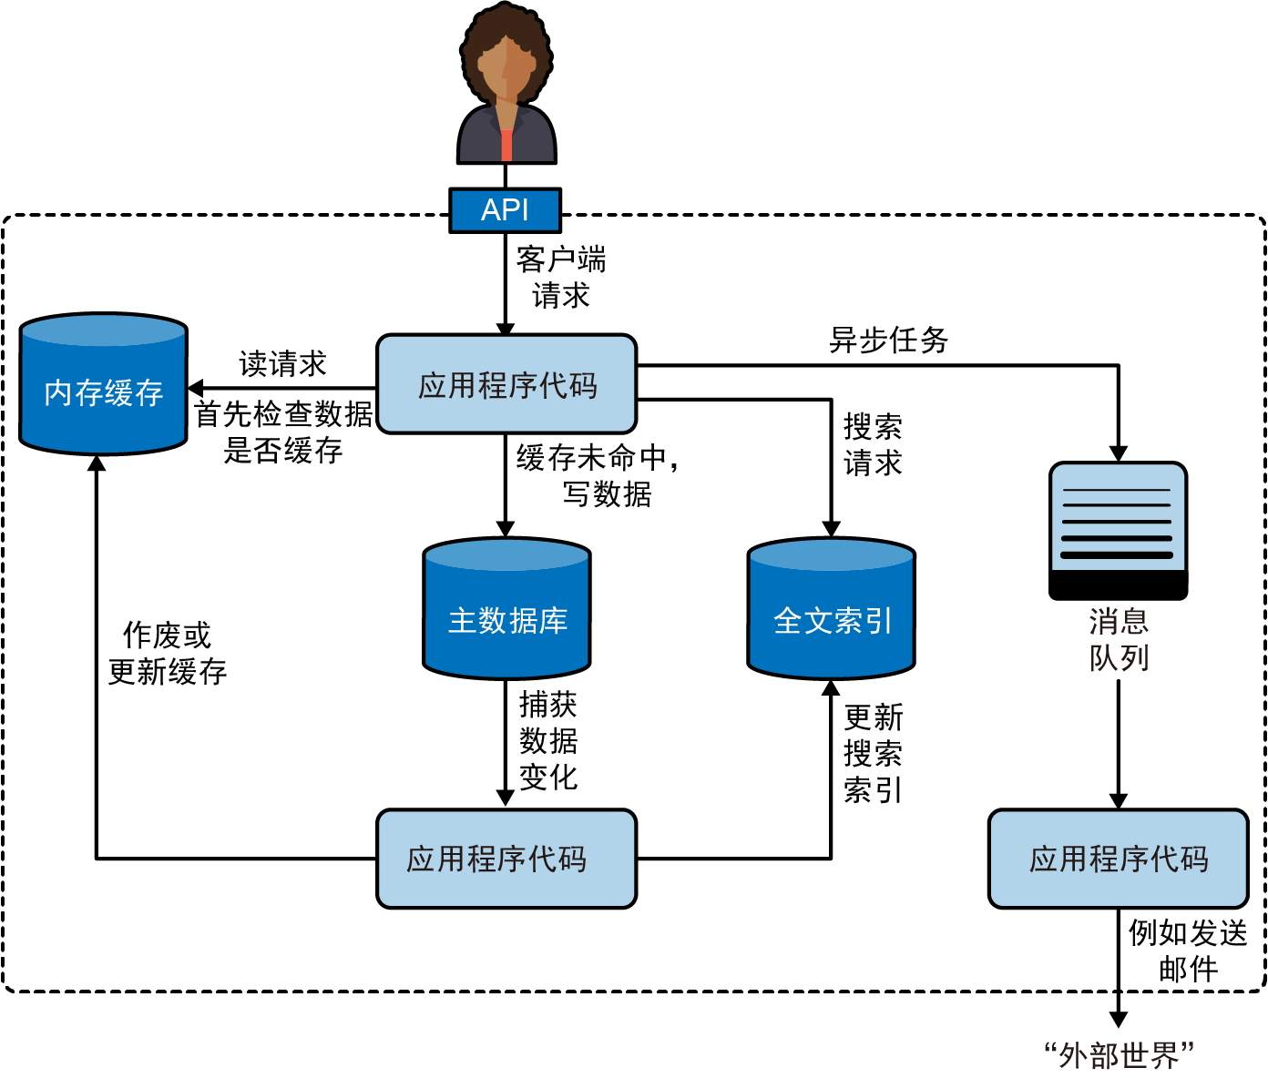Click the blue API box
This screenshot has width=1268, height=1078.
coord(505,210)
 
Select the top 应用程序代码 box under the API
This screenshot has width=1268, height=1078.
coord(506,384)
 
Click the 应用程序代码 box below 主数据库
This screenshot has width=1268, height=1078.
coord(506,859)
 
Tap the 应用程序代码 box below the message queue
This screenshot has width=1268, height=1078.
coord(1118,859)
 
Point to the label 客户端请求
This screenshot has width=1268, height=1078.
coord(560,278)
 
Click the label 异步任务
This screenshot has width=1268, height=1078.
coord(888,341)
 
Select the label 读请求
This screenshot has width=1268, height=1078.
coord(282,364)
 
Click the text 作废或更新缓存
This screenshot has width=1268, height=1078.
coord(167,654)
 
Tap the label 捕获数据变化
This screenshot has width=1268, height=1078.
coord(548,740)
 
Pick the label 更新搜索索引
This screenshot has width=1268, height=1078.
coord(873,753)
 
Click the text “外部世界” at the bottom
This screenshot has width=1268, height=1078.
coord(1118,1055)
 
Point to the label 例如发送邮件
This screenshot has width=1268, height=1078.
coord(1187,950)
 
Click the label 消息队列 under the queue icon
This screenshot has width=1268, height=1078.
coord(1119,639)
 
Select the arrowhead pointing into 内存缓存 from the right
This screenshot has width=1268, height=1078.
coord(194,389)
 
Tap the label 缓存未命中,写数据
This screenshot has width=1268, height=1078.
coord(598,475)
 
